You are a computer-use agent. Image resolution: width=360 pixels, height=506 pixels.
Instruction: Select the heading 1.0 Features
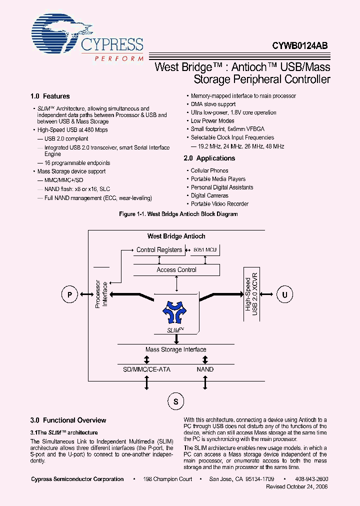point(50,96)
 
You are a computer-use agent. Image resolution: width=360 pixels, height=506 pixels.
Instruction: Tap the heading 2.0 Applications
point(209,158)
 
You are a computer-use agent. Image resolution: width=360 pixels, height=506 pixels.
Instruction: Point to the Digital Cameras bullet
point(209,195)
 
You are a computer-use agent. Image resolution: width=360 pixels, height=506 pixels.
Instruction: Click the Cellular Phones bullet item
point(209,170)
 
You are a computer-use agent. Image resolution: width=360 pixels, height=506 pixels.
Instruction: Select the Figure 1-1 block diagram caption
point(178,214)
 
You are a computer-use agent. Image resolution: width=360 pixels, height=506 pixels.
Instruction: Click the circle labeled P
point(69,295)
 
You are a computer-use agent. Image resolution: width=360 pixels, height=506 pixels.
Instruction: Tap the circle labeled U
point(285,295)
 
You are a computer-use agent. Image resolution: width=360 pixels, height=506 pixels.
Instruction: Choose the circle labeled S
point(175,401)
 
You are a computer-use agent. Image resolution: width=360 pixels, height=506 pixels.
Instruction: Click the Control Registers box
point(159,250)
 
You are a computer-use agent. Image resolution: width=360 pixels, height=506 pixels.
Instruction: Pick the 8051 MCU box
point(205,250)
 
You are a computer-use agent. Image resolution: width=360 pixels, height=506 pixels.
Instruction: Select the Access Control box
point(176,270)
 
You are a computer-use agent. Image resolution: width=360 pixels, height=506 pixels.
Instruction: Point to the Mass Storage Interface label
point(175,349)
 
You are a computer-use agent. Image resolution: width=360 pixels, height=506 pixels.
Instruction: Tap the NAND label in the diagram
point(205,369)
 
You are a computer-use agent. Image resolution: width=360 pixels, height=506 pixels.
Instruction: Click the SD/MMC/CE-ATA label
point(146,369)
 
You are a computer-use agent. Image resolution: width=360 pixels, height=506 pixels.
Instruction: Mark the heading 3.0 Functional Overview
point(68,420)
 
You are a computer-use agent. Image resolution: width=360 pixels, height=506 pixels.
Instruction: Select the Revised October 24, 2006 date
point(297,486)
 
